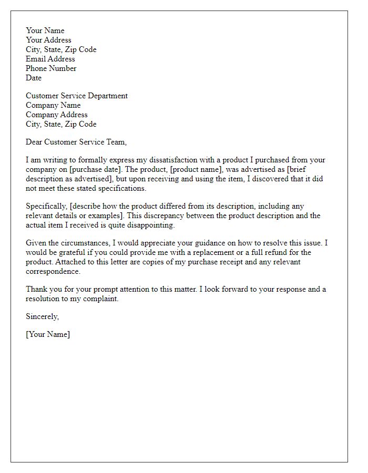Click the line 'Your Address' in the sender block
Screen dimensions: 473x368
pos(48,40)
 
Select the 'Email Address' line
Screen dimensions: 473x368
pos(50,59)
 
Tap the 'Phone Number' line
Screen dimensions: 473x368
pos(51,68)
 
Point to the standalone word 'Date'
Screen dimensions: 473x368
pos(34,78)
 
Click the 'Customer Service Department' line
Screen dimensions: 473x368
pos(77,96)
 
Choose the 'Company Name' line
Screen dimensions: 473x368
pos(53,105)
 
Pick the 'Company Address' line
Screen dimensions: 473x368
pos(57,115)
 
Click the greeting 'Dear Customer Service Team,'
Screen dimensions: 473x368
pos(76,142)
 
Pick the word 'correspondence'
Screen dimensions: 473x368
pos(54,271)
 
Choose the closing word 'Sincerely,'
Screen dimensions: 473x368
pos(43,316)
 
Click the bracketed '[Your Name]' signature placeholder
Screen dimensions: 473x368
pos(48,334)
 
